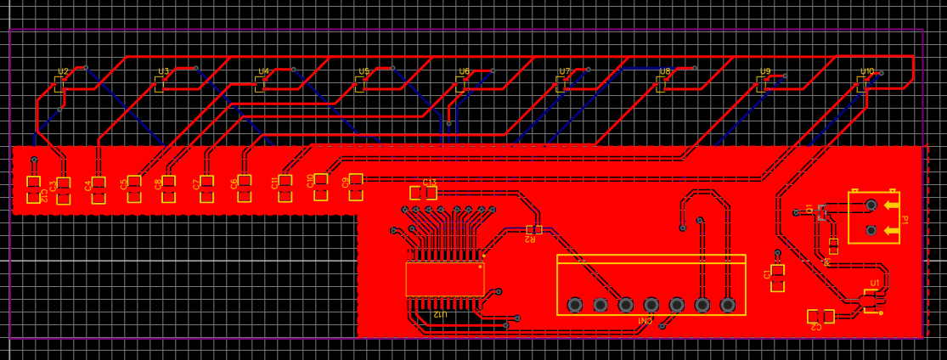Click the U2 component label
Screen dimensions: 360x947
(63, 72)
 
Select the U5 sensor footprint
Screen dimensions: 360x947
(360, 83)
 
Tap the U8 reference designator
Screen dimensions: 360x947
(665, 72)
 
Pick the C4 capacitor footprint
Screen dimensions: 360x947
(99, 189)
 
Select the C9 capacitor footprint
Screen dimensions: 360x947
(356, 186)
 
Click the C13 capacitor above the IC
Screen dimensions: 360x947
(423, 193)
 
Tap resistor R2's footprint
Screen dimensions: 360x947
(533, 229)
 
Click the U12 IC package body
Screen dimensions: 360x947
(445, 278)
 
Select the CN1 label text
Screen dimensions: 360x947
(645, 321)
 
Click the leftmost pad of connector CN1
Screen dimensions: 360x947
(575, 304)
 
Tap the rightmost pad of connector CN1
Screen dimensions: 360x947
(728, 304)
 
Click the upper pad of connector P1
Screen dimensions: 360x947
(871, 205)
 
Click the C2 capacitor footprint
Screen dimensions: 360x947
(820, 316)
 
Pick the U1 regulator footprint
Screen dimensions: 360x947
(868, 301)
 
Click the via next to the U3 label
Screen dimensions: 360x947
(195, 68)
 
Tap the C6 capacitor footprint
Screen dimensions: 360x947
(245, 188)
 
